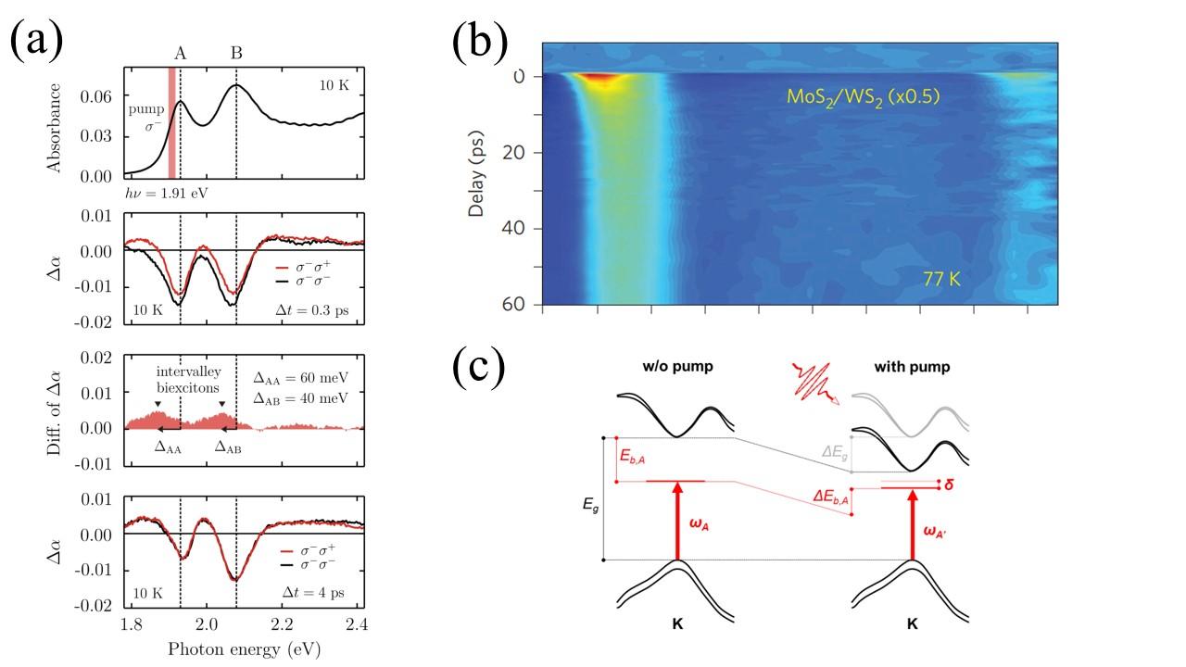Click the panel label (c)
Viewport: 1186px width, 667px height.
click(479, 367)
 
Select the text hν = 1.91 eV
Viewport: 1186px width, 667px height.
click(164, 195)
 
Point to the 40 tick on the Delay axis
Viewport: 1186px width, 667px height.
click(517, 229)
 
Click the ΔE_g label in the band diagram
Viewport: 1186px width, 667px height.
click(835, 452)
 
